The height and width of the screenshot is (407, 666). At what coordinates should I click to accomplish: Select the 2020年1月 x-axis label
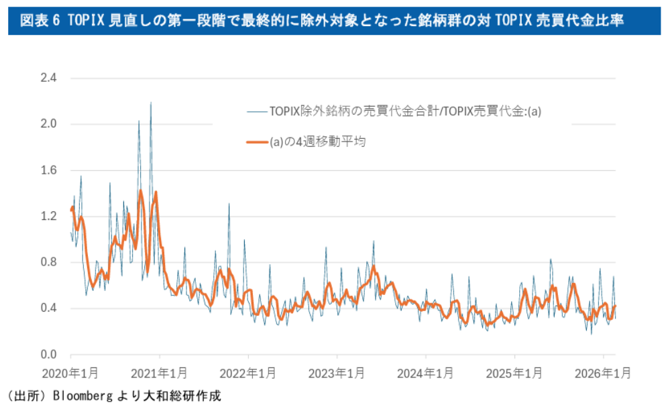pyautogui.click(x=70, y=372)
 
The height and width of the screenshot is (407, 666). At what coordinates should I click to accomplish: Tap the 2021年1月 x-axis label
pyautogui.click(x=159, y=372)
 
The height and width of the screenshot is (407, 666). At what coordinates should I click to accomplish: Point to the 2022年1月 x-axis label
pyautogui.click(x=248, y=372)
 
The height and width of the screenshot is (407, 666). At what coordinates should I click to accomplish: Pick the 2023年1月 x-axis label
pyautogui.click(x=337, y=372)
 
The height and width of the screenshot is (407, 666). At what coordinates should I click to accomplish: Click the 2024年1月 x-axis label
pyautogui.click(x=425, y=372)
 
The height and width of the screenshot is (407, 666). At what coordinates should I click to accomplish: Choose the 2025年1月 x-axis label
pyautogui.click(x=514, y=372)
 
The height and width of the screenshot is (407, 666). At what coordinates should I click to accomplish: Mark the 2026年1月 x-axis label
pyautogui.click(x=603, y=372)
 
